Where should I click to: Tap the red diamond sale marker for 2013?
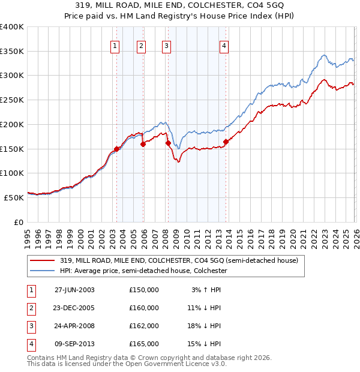click(x=226, y=142)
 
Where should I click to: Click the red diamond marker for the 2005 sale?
click(x=143, y=144)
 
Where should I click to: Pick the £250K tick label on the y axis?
click(x=12, y=100)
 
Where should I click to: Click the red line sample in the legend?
click(x=43, y=260)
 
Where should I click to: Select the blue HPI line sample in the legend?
click(x=43, y=271)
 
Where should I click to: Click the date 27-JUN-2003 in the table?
click(x=74, y=290)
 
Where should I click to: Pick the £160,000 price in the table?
click(x=144, y=308)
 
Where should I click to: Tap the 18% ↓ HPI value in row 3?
click(x=204, y=326)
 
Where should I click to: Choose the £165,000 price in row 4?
click(x=144, y=344)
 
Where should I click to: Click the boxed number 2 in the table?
click(x=31, y=308)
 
